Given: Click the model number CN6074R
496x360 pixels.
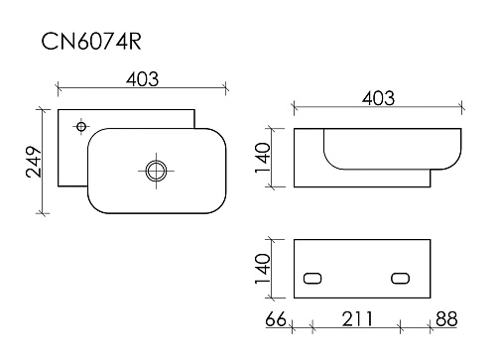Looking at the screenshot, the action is click(x=91, y=42).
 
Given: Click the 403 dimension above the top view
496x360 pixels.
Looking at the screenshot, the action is click(x=142, y=79).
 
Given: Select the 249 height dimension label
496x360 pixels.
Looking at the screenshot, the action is click(x=34, y=162).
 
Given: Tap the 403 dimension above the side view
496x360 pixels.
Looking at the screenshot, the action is click(x=378, y=98).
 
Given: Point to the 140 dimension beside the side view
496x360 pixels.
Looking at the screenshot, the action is click(x=263, y=158).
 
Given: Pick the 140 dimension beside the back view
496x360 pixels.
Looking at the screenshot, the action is click(x=263, y=269).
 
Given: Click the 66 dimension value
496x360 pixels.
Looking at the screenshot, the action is click(x=276, y=319).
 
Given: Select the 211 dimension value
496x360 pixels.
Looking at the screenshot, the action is click(x=357, y=319).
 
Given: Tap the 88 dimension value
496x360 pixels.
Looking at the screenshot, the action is click(x=446, y=319).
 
